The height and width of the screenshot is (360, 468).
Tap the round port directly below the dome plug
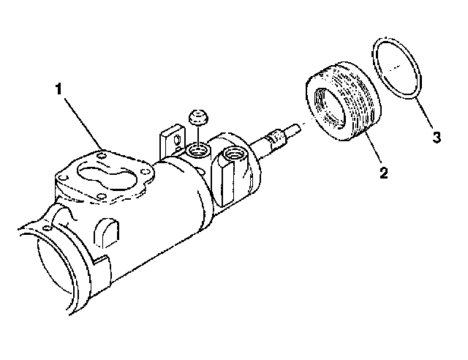click(x=198, y=152)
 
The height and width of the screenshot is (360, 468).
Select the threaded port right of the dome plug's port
click(x=233, y=155)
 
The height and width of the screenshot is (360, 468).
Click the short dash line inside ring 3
click(x=394, y=67)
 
